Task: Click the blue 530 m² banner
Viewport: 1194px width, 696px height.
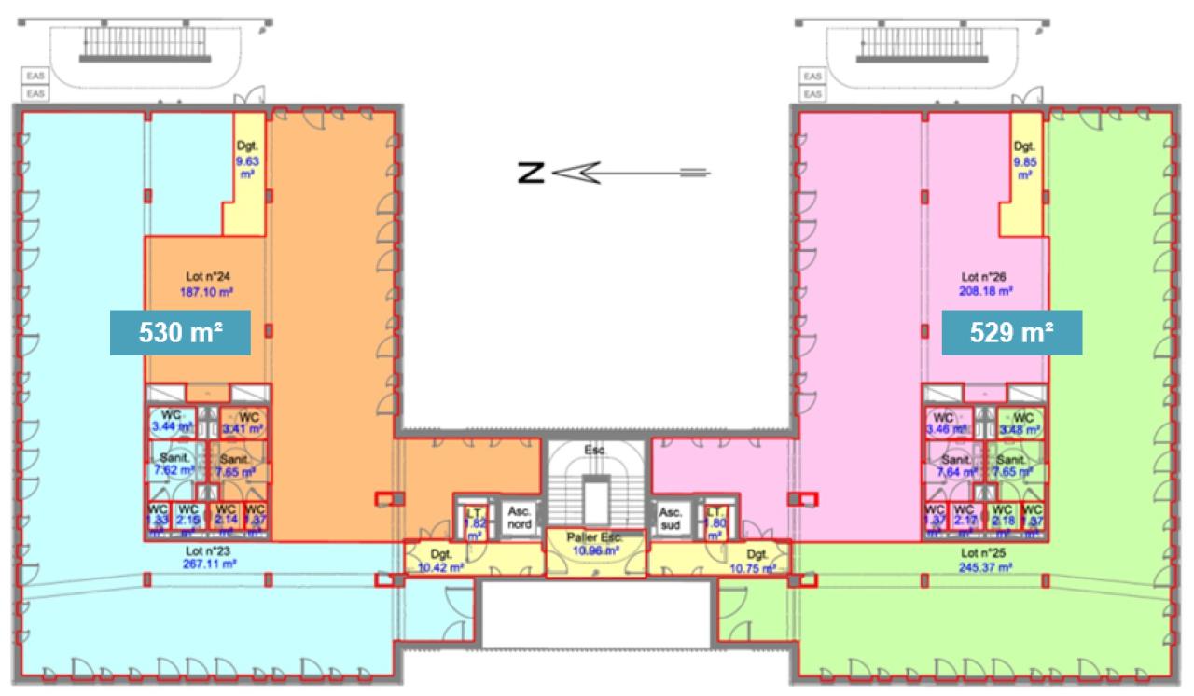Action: pos(180,333)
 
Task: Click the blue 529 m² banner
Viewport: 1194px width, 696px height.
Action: pos(1011,333)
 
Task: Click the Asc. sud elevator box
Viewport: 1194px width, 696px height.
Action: pos(670,519)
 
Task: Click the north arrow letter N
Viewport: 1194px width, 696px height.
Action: pos(530,172)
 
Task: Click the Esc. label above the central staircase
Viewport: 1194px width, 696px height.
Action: pos(595,450)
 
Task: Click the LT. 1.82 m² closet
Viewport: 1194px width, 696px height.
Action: pos(474,522)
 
